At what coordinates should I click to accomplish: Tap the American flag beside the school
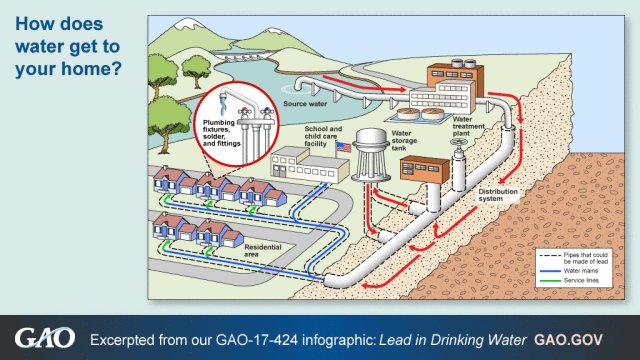343,146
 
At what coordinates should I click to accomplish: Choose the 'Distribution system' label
497,193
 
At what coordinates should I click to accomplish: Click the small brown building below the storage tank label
421,168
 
